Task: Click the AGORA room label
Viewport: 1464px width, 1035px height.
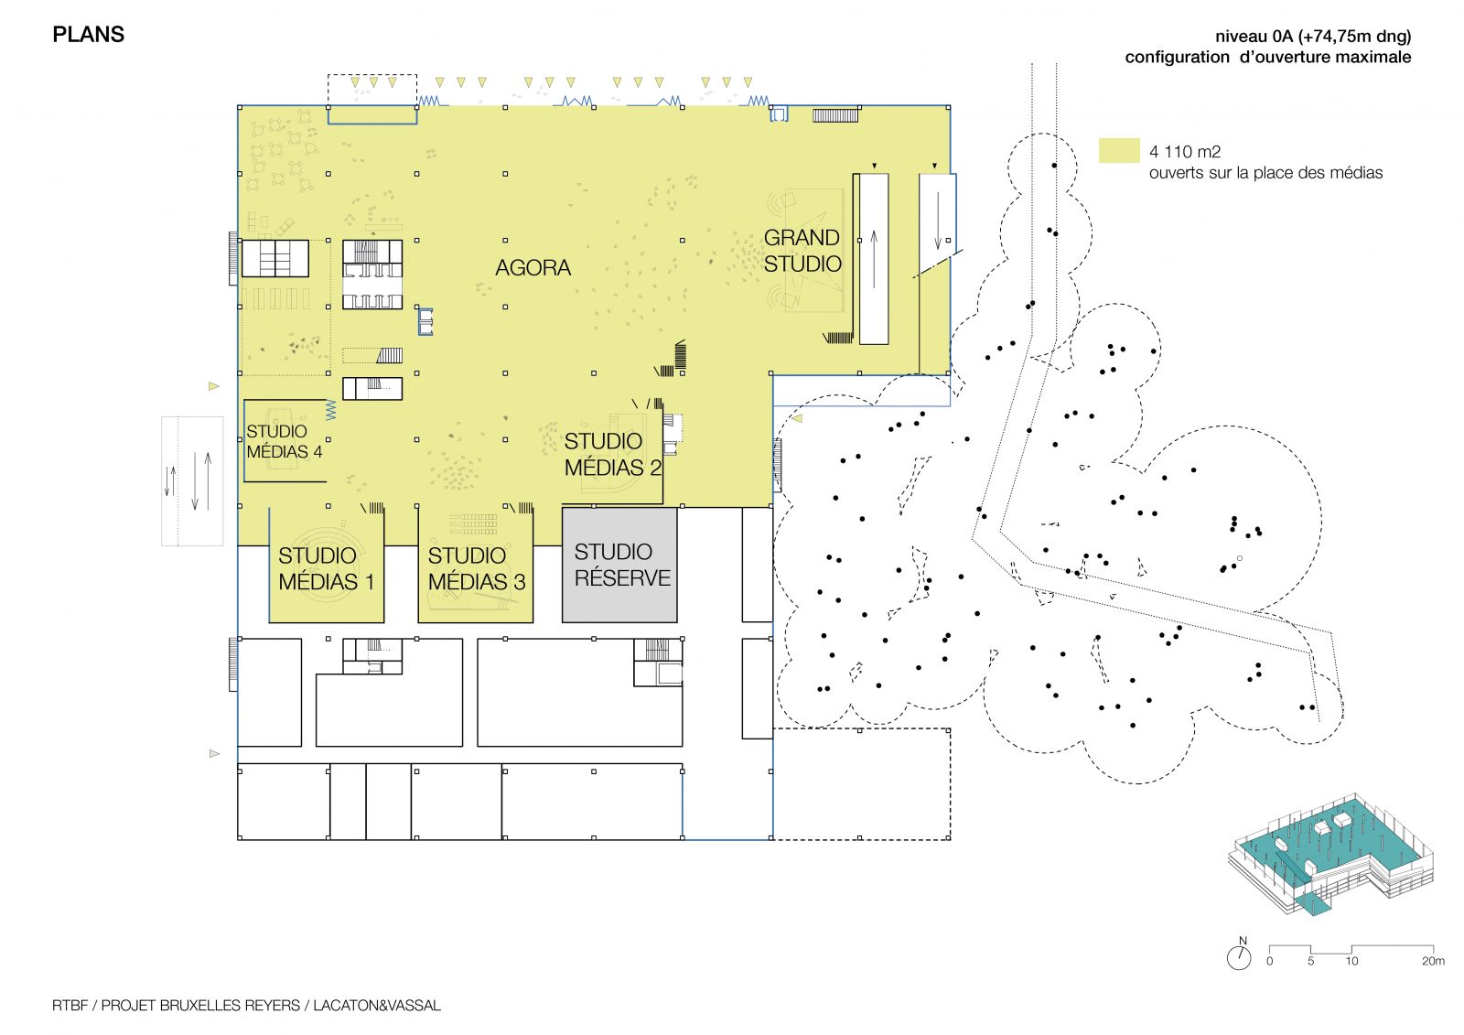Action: tap(533, 267)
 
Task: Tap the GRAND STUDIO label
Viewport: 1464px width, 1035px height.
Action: tap(802, 251)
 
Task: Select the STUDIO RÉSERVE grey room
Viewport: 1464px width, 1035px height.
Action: tap(619, 565)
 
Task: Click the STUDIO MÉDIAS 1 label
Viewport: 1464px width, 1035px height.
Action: tap(326, 569)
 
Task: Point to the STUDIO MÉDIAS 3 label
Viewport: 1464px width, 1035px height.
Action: tap(477, 569)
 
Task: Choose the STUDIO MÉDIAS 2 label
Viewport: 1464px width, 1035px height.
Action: tap(612, 455)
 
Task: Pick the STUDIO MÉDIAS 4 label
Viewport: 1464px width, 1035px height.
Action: tap(285, 441)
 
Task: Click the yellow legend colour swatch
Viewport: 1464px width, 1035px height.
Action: tap(1119, 150)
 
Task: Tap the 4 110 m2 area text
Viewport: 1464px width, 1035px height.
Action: tap(1185, 152)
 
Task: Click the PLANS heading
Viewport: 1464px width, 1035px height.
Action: tap(88, 35)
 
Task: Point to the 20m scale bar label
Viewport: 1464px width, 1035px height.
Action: tap(1433, 961)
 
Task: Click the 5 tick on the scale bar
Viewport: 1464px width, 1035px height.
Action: tap(1310, 961)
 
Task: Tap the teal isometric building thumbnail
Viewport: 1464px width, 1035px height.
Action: tap(1330, 853)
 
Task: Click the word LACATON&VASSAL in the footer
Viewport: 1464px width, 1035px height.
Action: tap(376, 1005)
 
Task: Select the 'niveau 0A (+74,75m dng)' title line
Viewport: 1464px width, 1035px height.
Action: tap(1313, 36)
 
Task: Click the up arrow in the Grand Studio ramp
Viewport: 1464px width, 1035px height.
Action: tap(874, 260)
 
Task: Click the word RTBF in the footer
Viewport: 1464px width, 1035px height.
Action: tap(70, 1005)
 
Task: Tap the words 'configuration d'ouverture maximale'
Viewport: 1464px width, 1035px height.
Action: tap(1268, 58)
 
